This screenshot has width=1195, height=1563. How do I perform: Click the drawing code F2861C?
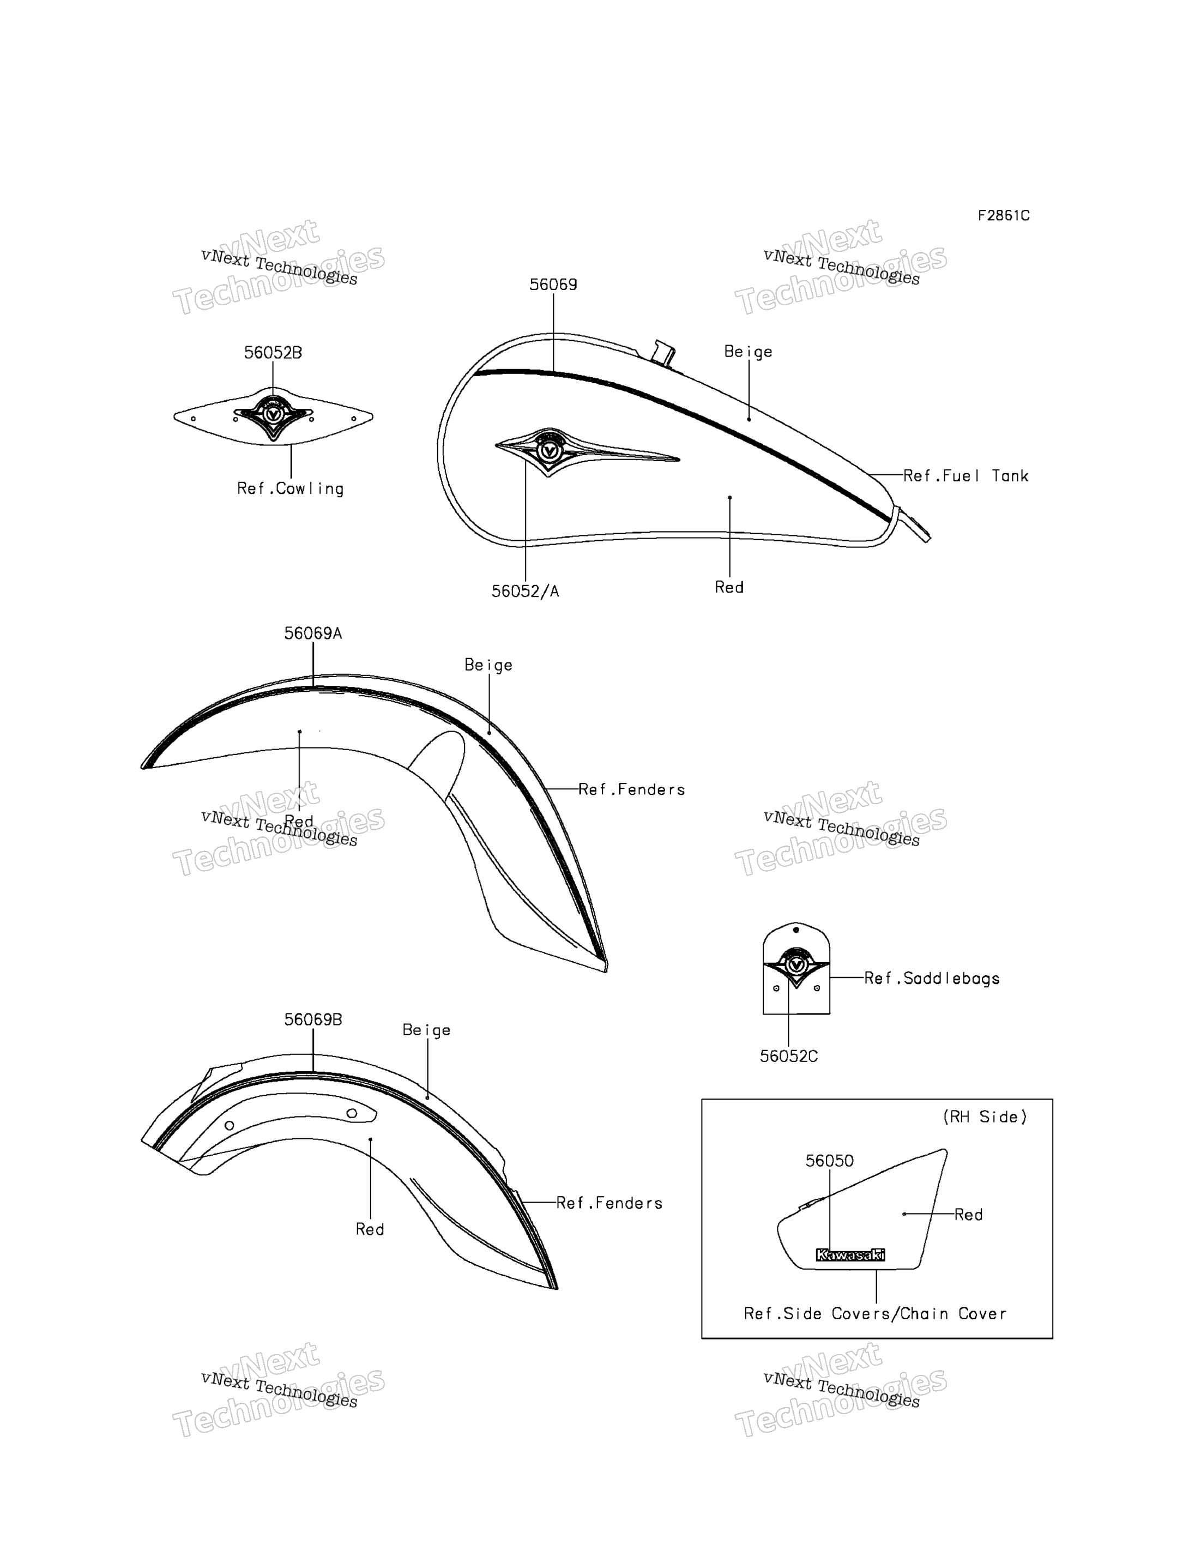coord(1003,215)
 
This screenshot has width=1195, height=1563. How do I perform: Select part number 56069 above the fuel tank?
coord(553,285)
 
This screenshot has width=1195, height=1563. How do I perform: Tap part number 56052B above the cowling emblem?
coord(273,353)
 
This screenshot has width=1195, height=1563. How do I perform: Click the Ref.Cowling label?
coord(290,489)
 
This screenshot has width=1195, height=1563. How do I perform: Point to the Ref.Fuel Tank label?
coord(965,476)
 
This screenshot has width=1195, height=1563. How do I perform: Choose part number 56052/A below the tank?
coord(525,591)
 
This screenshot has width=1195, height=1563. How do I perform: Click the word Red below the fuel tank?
coord(729,587)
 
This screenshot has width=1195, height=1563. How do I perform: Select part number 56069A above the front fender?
coord(313,633)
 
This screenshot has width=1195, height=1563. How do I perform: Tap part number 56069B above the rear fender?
coord(313,1019)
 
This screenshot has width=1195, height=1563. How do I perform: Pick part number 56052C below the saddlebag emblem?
coord(788,1057)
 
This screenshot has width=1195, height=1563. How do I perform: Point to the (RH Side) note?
coord(985,1117)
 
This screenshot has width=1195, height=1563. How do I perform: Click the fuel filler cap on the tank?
coord(663,353)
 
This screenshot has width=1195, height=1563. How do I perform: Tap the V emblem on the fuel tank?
coord(548,451)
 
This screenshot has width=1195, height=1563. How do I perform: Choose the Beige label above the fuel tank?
coord(749,352)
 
